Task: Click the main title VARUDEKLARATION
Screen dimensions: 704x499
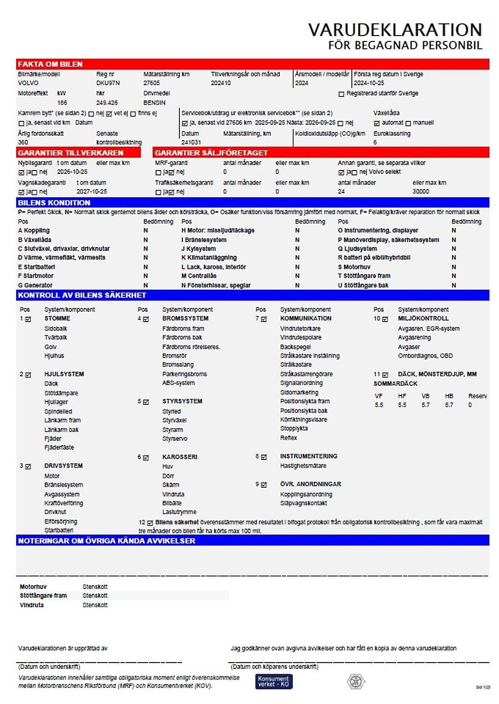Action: coord(395,30)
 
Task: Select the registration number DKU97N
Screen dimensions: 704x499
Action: coord(108,83)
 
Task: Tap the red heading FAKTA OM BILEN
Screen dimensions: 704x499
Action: coord(50,64)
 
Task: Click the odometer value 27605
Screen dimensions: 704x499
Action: coord(152,83)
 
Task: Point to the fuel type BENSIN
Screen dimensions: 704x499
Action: coord(154,103)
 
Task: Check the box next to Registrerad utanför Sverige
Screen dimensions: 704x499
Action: coord(341,94)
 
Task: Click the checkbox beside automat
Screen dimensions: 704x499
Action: coord(376,123)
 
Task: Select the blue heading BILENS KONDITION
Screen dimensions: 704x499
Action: coord(54,203)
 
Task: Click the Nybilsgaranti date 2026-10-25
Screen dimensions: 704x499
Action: coord(72,172)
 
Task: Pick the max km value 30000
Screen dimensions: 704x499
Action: coord(421,191)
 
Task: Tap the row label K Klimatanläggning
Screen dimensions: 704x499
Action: coord(209,258)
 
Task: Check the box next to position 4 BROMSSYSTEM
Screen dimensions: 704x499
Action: coord(146,319)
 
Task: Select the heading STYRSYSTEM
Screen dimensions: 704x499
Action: coord(182,401)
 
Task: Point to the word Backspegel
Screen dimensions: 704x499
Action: coord(295,347)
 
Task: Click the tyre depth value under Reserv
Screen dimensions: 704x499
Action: coord(470,405)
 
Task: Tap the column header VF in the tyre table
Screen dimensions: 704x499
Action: coord(379,396)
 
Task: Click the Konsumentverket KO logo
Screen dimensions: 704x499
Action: coord(273,681)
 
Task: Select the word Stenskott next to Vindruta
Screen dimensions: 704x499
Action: coord(95,605)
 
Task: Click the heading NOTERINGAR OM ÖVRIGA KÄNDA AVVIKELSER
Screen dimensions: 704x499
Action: coord(107,541)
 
